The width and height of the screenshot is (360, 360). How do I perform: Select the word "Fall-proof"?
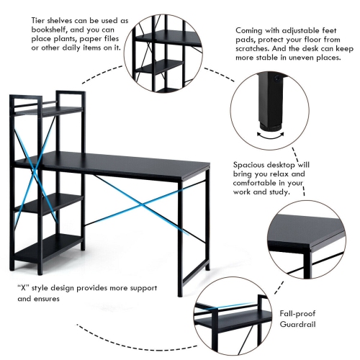pos(297,313)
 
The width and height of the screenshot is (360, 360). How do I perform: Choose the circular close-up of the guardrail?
pos(230,318)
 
